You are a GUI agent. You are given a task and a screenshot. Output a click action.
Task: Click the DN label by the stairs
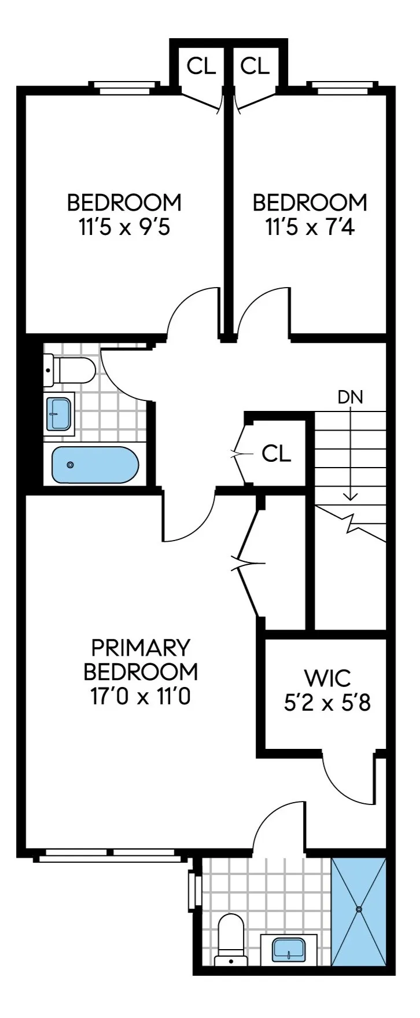coord(350,397)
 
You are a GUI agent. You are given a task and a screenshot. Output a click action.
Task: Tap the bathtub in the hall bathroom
coord(95,465)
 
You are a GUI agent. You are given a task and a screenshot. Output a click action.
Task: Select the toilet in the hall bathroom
coord(69,369)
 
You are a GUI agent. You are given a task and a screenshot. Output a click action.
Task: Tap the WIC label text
coord(319,677)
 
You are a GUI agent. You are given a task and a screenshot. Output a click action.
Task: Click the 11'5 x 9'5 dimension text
coord(124,228)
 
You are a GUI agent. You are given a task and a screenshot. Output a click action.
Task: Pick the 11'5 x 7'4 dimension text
coord(310,228)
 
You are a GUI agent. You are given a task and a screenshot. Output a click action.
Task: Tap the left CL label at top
coord(201,67)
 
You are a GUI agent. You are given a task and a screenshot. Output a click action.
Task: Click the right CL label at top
coord(255,67)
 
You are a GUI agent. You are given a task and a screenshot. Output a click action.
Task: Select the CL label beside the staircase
coord(277,454)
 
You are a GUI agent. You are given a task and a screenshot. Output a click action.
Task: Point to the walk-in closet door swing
coord(345,778)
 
